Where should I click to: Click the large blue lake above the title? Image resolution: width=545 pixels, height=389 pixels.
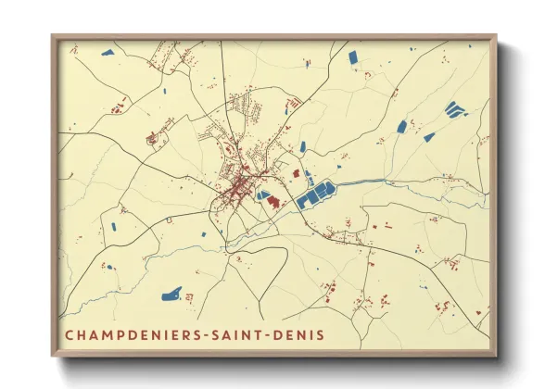171,296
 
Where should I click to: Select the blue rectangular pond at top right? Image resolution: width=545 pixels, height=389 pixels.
353,57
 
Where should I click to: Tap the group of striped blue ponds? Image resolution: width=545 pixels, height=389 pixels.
454,109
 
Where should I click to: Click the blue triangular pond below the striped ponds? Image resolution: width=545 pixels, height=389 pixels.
429,137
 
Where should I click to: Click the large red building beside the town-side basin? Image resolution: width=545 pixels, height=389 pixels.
274,202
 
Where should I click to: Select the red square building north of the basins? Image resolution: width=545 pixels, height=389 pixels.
297,172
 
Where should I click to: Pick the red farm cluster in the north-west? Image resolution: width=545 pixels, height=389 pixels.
153,139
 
